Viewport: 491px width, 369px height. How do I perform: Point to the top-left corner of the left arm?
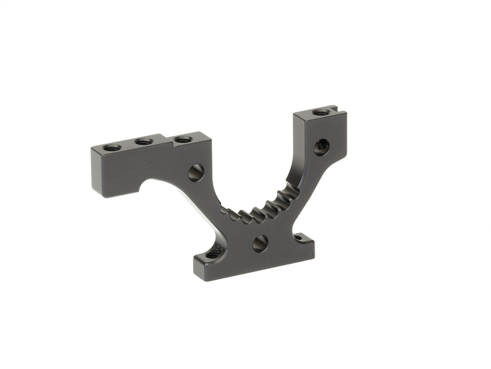pyautogui.click(x=92, y=147)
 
